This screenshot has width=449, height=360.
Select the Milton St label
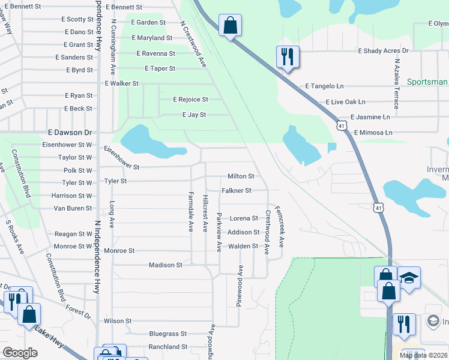point(241,176)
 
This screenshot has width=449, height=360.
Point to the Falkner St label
point(236,190)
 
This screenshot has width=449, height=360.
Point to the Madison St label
point(165,265)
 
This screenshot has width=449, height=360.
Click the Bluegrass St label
point(168,334)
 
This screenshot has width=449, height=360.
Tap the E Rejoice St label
point(190,100)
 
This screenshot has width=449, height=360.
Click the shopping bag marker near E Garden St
point(230,26)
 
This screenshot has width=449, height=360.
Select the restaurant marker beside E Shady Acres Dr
point(288,57)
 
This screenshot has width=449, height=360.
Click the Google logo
point(20,353)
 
